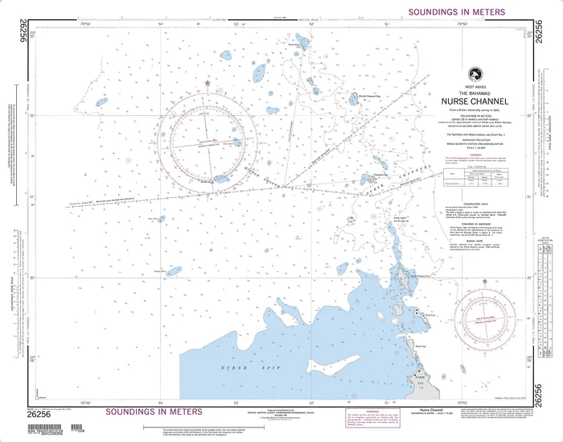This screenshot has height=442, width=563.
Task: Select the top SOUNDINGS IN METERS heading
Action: click(x=457, y=12)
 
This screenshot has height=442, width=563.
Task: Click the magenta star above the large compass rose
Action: click(x=208, y=83)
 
